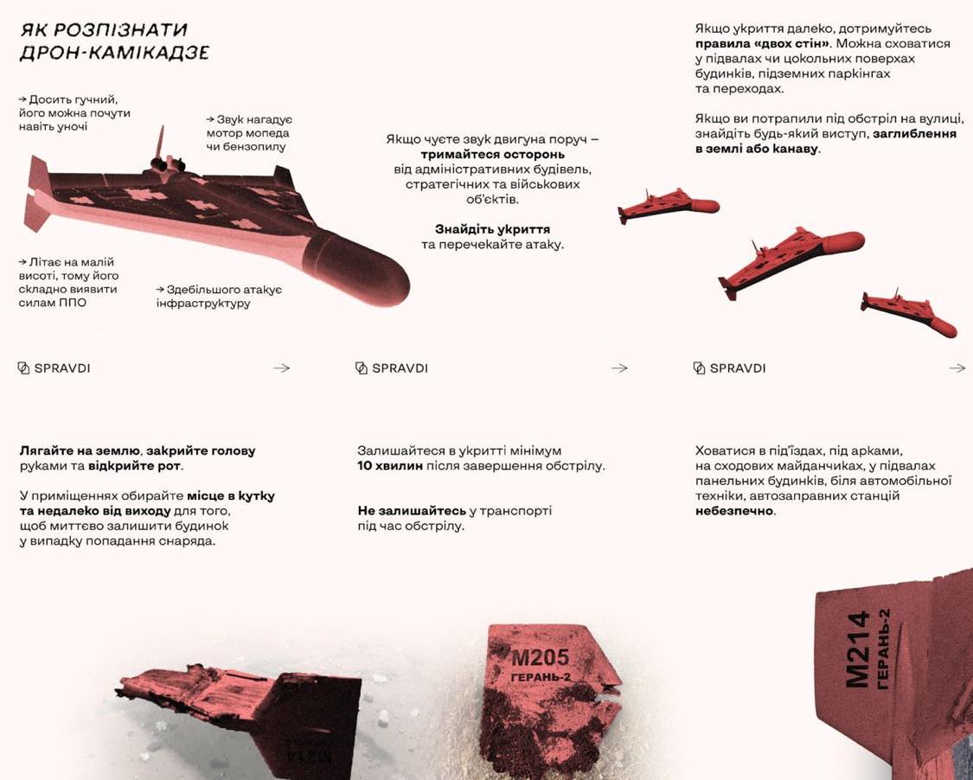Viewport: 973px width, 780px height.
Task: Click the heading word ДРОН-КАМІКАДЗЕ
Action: point(114,54)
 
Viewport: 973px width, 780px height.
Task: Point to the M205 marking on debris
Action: point(540,659)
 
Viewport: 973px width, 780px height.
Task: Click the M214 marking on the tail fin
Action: point(856,649)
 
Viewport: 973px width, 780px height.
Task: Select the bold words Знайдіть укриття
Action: point(492,229)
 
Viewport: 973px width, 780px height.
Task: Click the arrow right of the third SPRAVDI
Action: point(957,368)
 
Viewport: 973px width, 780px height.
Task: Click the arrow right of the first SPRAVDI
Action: point(281,368)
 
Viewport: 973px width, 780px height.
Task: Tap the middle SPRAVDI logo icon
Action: point(362,368)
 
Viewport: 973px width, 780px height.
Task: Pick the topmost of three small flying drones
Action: point(667,206)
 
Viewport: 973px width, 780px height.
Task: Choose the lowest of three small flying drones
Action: point(908,314)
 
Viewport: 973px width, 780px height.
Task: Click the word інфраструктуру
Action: point(203,304)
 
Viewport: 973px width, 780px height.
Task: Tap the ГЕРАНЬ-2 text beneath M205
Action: point(541,677)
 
